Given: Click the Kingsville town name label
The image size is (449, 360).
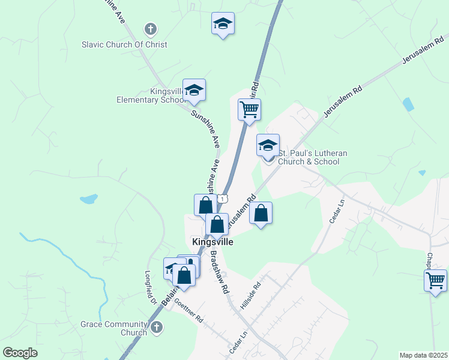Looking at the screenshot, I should pos(212,242).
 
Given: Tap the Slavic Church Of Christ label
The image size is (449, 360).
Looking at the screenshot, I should pos(124,44).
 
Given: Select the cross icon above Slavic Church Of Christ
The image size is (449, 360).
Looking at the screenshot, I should pos(150,28).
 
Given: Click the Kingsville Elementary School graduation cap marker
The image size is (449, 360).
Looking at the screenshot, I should pos(194,91).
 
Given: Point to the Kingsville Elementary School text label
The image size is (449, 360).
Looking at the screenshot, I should pos(152,96).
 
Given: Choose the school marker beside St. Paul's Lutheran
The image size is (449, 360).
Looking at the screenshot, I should pos(268,145).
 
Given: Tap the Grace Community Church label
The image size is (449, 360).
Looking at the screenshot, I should pos(114,328).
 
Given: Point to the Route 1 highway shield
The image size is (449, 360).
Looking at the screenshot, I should pos(223,198).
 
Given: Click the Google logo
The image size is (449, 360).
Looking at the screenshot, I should pos(20,353).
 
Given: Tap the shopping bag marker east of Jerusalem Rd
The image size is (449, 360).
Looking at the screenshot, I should pos(261,214).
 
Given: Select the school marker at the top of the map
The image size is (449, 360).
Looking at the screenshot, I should pos(223,24).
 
